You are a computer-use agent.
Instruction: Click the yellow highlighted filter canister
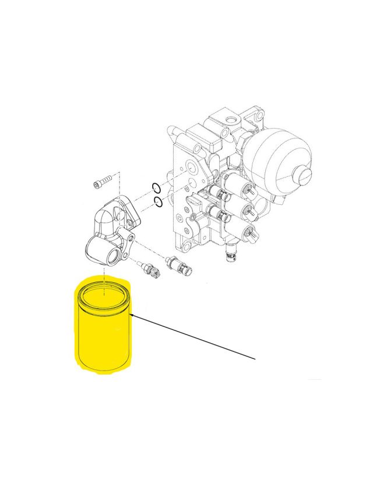(103, 332)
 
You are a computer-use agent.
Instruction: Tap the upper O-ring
(155, 187)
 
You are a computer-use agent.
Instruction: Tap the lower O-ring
(157, 202)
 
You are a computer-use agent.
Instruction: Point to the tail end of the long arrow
(255, 359)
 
